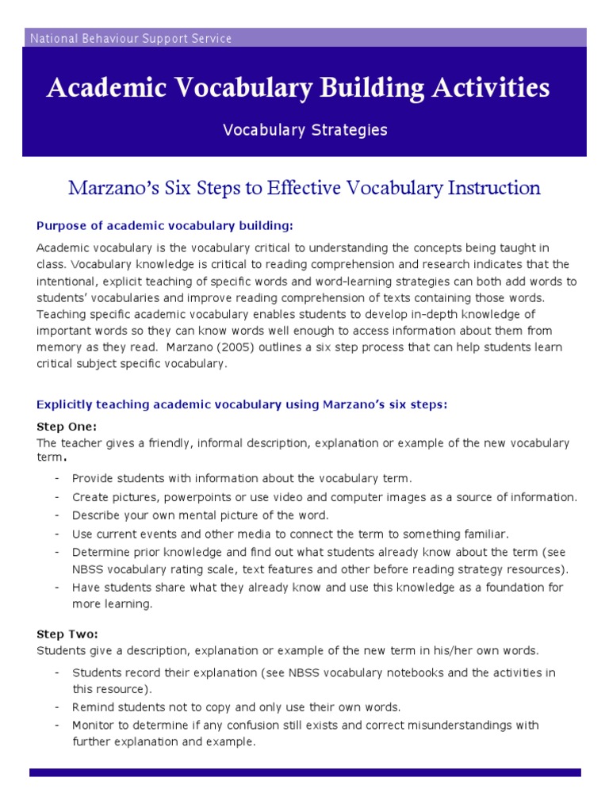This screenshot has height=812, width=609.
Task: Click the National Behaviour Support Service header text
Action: (x=131, y=38)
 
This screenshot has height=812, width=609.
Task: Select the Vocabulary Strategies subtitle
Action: (x=304, y=130)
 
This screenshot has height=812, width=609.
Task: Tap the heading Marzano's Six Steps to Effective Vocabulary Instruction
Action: (x=304, y=188)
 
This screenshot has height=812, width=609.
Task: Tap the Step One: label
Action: (x=67, y=427)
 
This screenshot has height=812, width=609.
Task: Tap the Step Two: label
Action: (x=67, y=634)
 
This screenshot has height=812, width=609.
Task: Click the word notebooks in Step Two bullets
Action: (x=396, y=672)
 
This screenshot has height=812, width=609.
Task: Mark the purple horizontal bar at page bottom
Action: (x=304, y=772)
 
